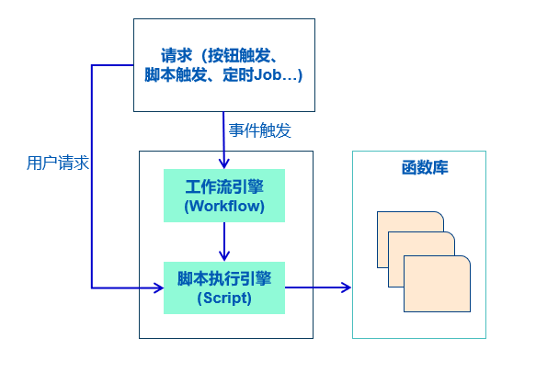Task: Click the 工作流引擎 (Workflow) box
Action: (224, 196)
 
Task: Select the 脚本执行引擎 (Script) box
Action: (224, 288)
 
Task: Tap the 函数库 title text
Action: (425, 168)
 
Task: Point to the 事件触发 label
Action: (260, 130)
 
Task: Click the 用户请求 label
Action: (58, 163)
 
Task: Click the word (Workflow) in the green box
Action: (224, 206)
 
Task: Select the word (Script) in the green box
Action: (224, 298)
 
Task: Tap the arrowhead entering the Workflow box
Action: (224, 163)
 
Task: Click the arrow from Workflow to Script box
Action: (224, 242)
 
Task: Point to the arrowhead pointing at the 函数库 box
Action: (347, 287)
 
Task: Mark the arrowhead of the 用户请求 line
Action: (159, 288)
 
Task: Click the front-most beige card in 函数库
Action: (438, 284)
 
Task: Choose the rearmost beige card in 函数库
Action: (410, 221)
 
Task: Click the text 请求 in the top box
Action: (177, 56)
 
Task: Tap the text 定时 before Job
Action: (238, 74)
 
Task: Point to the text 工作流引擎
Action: (224, 186)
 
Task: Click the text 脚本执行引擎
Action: (224, 278)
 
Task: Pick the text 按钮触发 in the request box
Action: (239, 56)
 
